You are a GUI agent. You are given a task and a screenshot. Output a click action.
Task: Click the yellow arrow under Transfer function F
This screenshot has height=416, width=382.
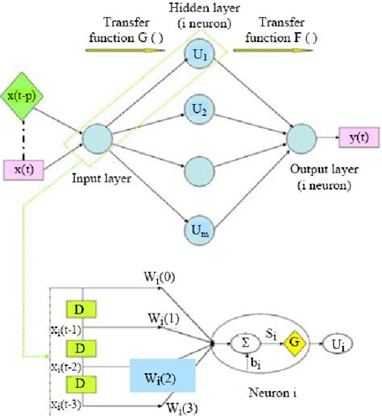(x=266, y=46)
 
